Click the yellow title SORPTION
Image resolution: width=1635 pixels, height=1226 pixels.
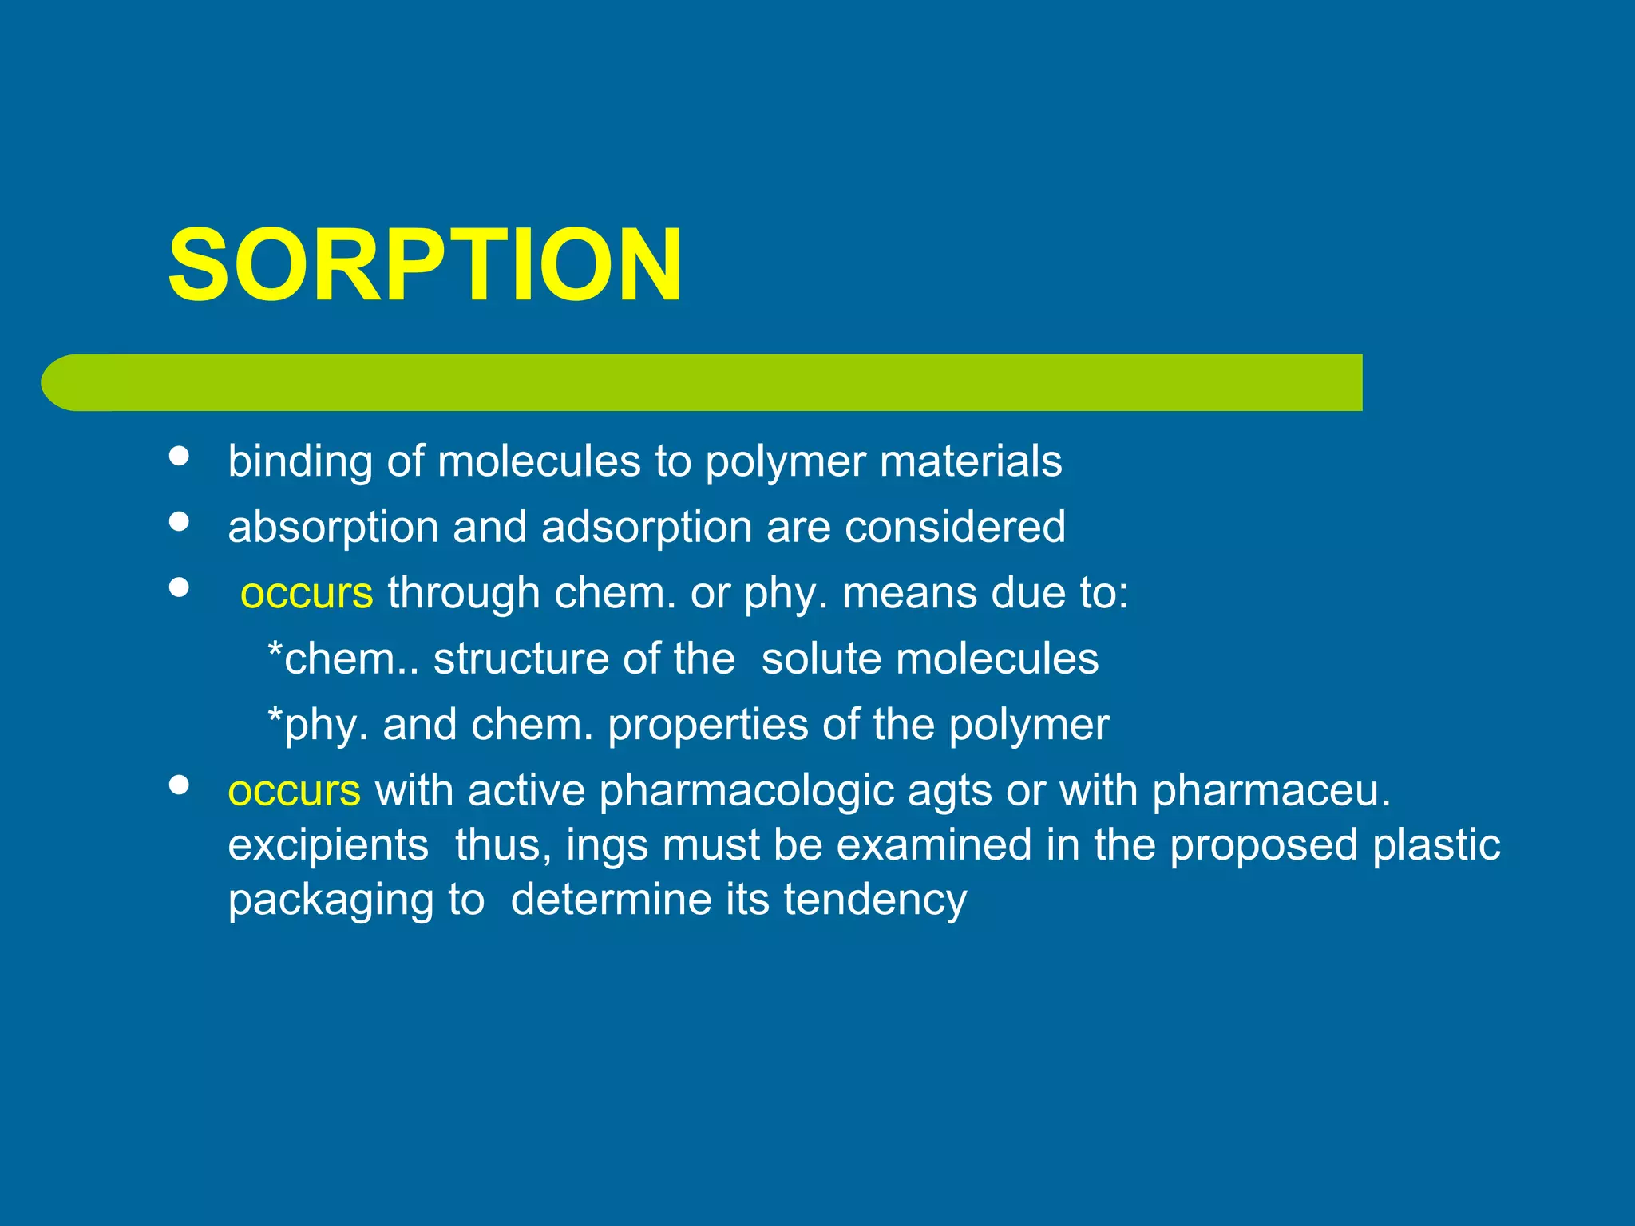[425, 265]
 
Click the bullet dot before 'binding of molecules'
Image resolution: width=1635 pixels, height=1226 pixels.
[180, 456]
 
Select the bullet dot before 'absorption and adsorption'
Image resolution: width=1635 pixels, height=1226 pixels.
[180, 521]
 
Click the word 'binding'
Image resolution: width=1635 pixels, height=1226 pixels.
[300, 461]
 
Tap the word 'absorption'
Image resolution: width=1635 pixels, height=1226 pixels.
[333, 528]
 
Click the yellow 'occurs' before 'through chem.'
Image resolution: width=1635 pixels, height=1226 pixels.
[307, 593]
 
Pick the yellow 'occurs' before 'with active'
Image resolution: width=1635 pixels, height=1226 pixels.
[294, 790]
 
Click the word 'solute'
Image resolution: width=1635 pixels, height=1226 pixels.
[821, 659]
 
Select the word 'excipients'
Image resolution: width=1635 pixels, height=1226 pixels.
[328, 845]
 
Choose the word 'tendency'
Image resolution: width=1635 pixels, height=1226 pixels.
[875, 900]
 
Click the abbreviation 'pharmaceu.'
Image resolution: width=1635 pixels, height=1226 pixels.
[1271, 791]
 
